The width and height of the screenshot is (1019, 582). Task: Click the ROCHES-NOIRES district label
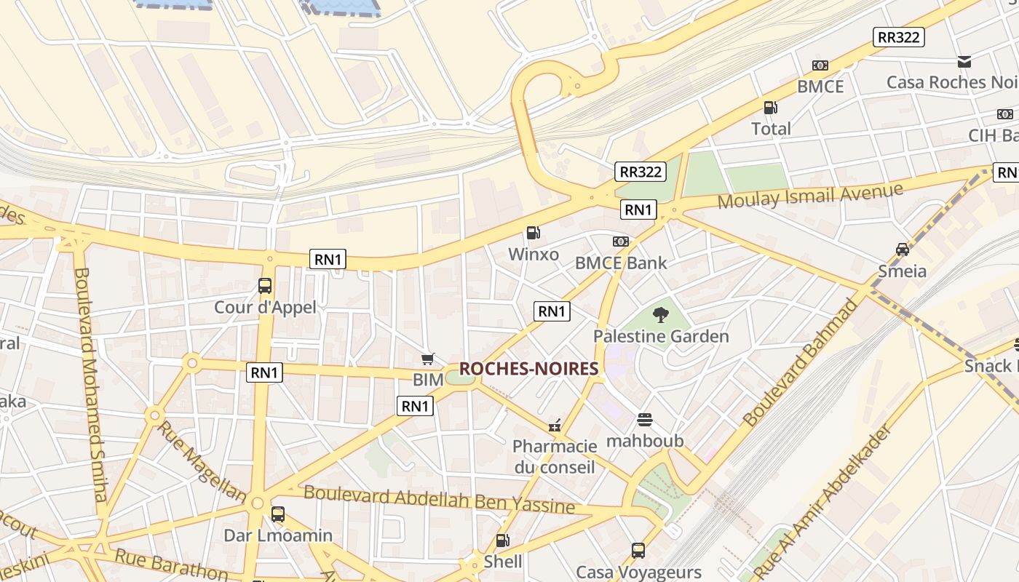click(528, 369)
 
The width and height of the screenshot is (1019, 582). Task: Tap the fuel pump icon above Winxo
click(534, 233)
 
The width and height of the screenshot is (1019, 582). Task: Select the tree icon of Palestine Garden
click(660, 315)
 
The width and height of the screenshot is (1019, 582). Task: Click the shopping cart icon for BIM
click(428, 359)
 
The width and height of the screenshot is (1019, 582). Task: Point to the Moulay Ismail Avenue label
click(810, 196)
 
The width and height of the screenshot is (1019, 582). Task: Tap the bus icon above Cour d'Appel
click(265, 286)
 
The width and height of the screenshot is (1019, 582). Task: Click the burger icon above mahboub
click(645, 420)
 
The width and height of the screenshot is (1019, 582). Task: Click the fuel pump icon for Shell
click(502, 541)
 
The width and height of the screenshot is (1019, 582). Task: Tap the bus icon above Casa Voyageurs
click(638, 551)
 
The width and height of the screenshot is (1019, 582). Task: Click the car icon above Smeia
click(903, 250)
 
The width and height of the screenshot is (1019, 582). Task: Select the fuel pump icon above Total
click(770, 108)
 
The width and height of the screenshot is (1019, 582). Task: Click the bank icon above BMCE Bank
click(620, 241)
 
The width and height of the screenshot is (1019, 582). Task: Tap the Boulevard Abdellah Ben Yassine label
click(439, 499)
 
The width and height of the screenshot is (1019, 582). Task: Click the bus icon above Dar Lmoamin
click(277, 514)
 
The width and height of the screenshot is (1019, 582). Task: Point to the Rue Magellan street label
click(201, 461)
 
